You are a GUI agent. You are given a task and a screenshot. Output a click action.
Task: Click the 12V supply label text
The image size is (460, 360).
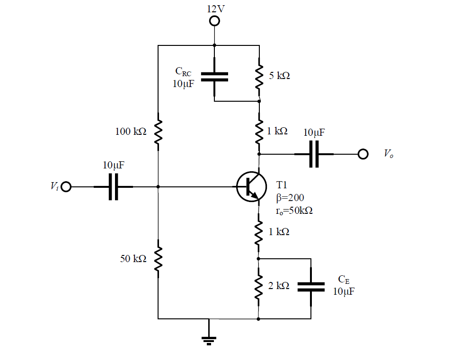[215, 9]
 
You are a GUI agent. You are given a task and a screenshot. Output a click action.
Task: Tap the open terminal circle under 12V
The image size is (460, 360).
[215, 21]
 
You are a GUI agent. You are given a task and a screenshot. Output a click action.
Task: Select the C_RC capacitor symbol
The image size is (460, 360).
[214, 77]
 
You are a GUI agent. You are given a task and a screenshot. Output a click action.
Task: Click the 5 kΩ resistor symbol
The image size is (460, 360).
[259, 76]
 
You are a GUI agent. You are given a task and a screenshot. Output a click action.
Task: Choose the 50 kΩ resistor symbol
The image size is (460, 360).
[158, 258]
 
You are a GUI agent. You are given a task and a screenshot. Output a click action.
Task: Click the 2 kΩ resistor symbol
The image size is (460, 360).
[258, 286]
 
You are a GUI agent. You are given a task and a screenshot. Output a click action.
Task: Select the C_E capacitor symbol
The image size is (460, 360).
[311, 286]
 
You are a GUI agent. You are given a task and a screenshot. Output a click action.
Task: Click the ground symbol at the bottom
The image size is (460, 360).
[209, 339]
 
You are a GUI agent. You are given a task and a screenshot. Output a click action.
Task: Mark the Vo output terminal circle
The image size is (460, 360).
[363, 154]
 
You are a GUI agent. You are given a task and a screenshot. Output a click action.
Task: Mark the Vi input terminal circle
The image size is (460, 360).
[66, 187]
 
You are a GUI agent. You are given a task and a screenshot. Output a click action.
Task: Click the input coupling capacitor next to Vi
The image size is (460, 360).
[113, 187]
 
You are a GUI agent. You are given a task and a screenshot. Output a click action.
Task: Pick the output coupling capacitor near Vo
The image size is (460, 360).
[314, 154]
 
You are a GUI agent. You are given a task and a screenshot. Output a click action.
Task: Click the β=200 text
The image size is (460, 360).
[290, 198]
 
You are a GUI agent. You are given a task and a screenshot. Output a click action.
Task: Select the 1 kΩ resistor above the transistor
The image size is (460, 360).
[259, 132]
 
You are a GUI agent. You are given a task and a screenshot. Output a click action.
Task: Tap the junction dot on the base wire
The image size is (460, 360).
[158, 187]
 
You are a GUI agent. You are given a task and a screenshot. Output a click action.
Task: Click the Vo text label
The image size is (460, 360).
[388, 154]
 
